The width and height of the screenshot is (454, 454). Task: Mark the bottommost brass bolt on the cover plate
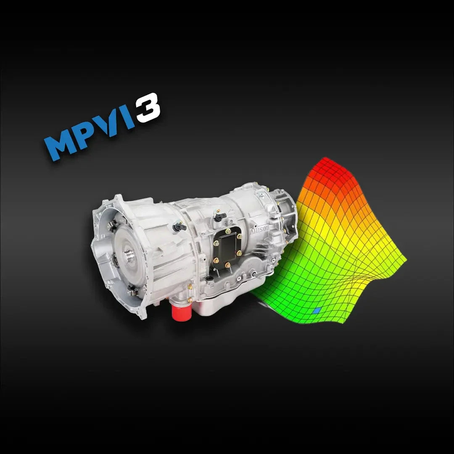pyautogui.click(x=227, y=265)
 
